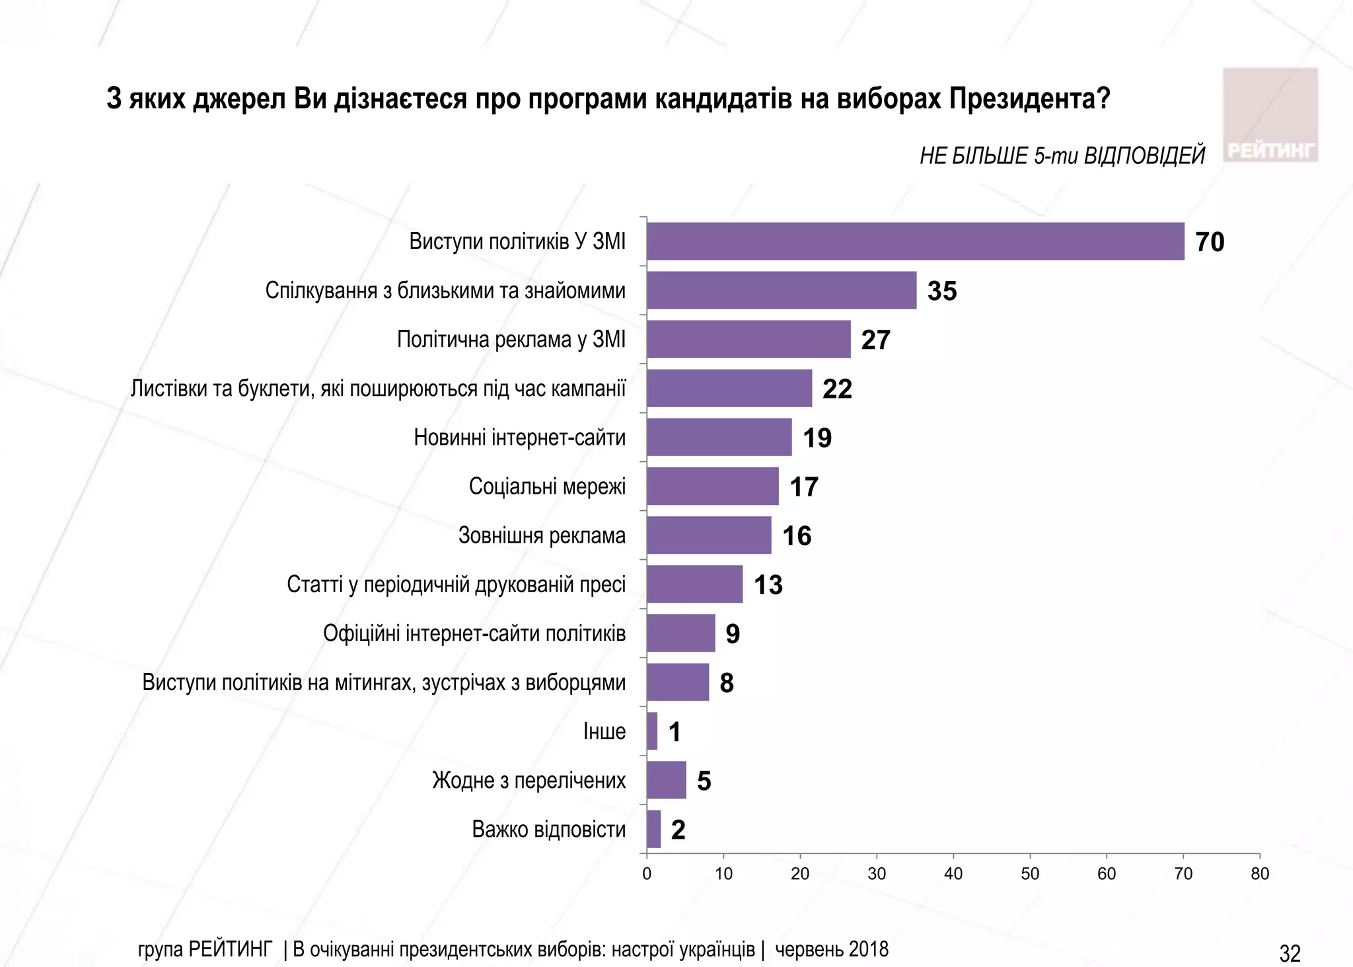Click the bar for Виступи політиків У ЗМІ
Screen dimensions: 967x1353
pyautogui.click(x=915, y=241)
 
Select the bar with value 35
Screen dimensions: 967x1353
pyautogui.click(x=782, y=290)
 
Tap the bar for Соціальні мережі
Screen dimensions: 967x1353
pyautogui.click(x=712, y=486)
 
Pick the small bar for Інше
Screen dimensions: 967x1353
pyautogui.click(x=652, y=731)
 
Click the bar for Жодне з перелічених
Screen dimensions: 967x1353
pyautogui.click(x=666, y=780)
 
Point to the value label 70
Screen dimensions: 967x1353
pyautogui.click(x=1210, y=242)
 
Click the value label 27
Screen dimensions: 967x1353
pyautogui.click(x=875, y=340)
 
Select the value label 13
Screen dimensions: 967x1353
pyautogui.click(x=768, y=585)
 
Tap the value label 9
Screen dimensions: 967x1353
pyautogui.click(x=733, y=634)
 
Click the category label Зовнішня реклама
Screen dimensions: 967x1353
pyautogui.click(x=542, y=535)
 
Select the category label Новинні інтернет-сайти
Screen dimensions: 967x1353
pyautogui.click(x=519, y=438)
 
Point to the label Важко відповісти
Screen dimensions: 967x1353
pyautogui.click(x=548, y=829)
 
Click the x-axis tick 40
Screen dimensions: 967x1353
pyautogui.click(x=953, y=874)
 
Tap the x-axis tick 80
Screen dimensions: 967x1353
pyautogui.click(x=1259, y=874)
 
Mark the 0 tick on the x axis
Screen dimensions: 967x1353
pyautogui.click(x=647, y=874)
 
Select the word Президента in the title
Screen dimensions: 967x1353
pyautogui.click(x=1029, y=99)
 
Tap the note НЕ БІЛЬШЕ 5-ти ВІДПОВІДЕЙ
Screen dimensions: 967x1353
pyautogui.click(x=1062, y=156)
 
